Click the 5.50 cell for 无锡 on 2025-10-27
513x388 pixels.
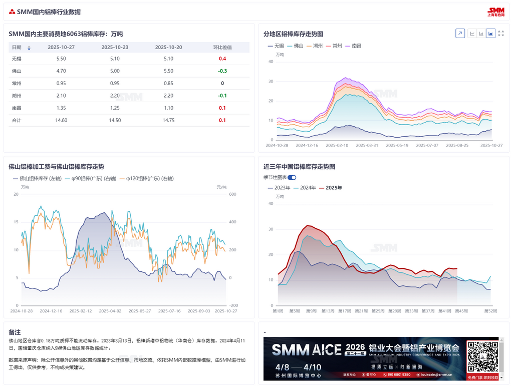coord(61,59)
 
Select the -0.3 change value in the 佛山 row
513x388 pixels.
coord(222,71)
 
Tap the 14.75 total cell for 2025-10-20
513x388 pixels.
coord(168,120)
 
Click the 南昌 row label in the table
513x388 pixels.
coord(17,108)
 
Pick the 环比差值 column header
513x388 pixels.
coord(222,48)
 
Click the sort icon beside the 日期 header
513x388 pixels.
coord(29,48)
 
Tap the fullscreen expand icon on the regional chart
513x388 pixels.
coord(500,34)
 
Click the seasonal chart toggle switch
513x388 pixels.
coord(292,177)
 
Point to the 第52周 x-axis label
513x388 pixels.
coord(490,311)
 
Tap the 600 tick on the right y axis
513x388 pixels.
coord(232,194)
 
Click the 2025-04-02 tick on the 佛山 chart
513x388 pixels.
coord(110,311)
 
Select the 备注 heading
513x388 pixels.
coord(15,332)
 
